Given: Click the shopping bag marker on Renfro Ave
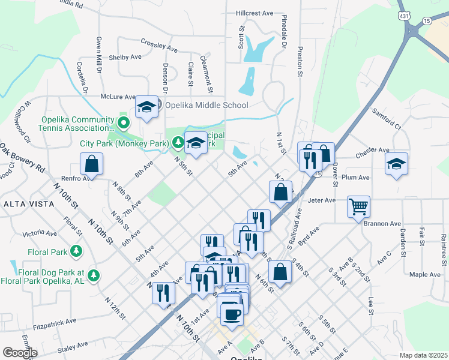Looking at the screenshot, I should tap(91, 164).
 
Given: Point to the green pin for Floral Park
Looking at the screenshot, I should tap(76, 250).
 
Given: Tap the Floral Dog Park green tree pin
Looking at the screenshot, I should tap(93, 275).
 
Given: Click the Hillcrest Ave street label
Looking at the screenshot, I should tap(255, 13).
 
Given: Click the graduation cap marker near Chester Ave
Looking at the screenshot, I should tap(396, 164).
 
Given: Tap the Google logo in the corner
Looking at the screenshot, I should tap(20, 352).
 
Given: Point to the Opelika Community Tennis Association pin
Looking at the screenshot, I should tap(124, 123).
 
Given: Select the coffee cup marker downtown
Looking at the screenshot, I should tap(232, 314).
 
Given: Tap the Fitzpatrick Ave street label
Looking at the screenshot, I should tap(55, 323).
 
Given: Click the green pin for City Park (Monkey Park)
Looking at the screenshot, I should tap(178, 143).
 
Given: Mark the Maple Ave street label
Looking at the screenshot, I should tap(425, 274).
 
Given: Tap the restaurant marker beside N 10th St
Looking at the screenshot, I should tap(163, 293).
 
